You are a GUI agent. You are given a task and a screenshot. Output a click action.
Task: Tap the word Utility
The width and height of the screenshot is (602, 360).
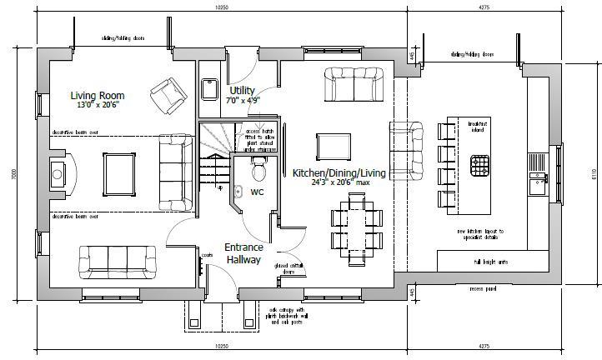(x=243, y=89)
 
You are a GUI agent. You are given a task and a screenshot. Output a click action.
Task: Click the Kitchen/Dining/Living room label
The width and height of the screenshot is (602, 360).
(x=339, y=172)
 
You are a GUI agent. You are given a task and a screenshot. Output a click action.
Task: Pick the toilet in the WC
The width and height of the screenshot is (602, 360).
(x=258, y=171)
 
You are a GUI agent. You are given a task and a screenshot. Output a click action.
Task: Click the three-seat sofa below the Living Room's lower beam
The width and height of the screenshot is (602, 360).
(x=113, y=262)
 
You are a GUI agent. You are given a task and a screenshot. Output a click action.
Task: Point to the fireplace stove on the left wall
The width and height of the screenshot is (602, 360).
(x=58, y=172)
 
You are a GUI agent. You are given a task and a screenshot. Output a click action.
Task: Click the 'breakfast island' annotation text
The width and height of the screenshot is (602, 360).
(x=479, y=126)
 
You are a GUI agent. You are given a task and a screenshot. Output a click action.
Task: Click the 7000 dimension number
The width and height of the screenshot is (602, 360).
(x=14, y=173)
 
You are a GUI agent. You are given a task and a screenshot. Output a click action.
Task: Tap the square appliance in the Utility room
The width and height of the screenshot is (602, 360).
(x=210, y=88)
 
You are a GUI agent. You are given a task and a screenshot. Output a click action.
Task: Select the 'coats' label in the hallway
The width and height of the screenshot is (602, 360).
(x=207, y=255)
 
